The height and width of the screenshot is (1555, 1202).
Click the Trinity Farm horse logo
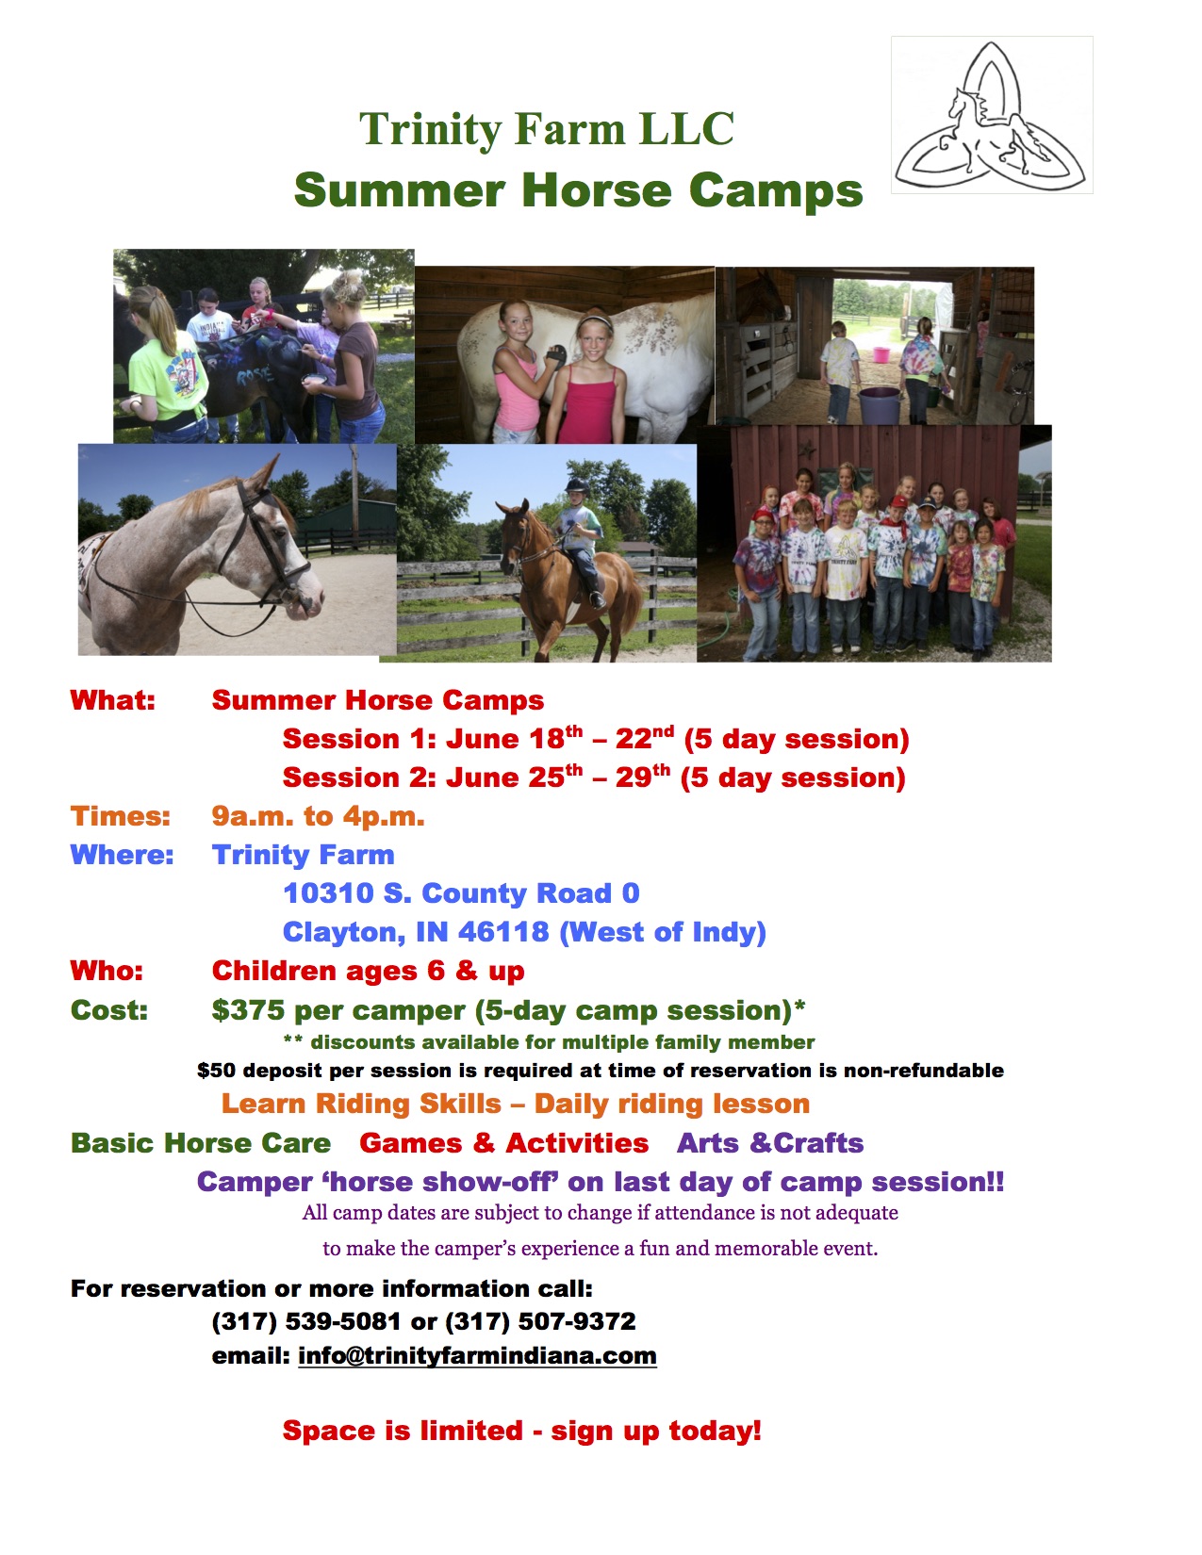pos(992,115)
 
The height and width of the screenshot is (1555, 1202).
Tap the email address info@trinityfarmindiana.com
pos(477,1355)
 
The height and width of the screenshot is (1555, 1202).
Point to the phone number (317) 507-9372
pos(540,1321)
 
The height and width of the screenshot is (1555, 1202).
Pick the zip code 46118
pos(503,932)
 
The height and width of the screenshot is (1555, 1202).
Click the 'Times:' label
pos(121,816)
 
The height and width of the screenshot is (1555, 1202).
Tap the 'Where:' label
pos(122,855)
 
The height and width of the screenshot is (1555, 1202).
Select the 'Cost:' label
pos(108,1009)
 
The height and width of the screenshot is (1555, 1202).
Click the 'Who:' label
pos(107,971)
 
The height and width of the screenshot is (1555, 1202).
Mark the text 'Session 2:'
pos(359,777)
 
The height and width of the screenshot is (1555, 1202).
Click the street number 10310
pos(329,893)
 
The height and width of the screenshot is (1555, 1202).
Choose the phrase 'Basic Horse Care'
pos(201,1143)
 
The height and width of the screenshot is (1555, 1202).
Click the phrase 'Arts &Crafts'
pos(770,1143)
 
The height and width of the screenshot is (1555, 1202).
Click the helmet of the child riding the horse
pos(576,486)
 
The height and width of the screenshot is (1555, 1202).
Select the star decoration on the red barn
pos(808,450)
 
